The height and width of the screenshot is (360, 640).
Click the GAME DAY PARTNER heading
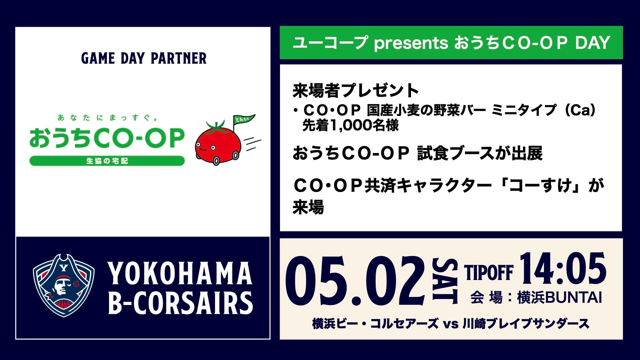(x=144, y=58)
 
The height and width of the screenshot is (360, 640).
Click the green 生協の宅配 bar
(x=107, y=161)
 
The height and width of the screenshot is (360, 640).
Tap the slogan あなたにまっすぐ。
(x=107, y=117)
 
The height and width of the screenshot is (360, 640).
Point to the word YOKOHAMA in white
(x=180, y=273)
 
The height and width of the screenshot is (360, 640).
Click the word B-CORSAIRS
(x=180, y=303)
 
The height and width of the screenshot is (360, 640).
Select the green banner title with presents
(x=451, y=43)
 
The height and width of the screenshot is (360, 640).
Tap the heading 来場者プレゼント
(x=356, y=90)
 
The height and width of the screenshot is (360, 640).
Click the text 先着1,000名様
(x=350, y=125)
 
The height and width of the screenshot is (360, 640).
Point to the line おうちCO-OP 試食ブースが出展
(x=417, y=153)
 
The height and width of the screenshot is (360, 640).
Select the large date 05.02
(x=355, y=281)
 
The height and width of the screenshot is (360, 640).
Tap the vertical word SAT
(x=445, y=281)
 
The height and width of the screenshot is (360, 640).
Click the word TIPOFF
(x=489, y=273)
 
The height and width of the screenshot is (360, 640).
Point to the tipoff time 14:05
(x=563, y=268)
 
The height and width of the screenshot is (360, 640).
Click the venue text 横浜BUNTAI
(x=559, y=298)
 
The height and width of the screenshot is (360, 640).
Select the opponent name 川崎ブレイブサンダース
(x=526, y=324)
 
